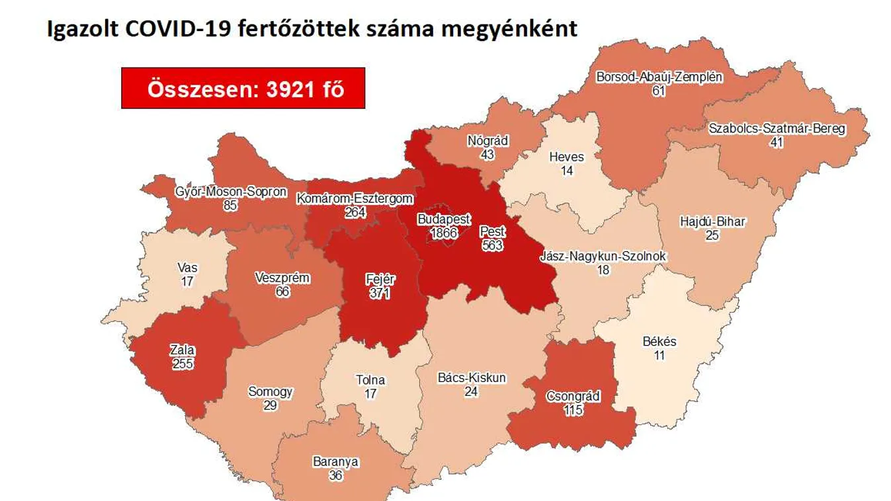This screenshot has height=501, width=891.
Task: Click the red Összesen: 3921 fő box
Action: pos(243,88)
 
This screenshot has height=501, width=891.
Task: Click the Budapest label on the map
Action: pos(444,219)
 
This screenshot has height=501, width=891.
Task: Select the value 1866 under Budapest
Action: pos(444,233)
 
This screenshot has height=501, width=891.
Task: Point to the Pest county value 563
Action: pos(492,245)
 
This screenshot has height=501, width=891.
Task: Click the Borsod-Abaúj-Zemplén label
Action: pos(658,77)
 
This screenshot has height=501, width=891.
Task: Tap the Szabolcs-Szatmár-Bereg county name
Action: pos(776,129)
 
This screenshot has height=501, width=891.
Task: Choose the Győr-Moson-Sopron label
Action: pos(231,192)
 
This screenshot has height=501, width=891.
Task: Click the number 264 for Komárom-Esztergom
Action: pos(355,212)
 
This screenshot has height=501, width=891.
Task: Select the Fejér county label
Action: pos(380,280)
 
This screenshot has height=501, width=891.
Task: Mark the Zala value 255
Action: pos(182,364)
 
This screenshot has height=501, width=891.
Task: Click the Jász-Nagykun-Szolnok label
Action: pos(603,256)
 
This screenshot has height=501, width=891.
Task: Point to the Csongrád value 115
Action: pos(573,410)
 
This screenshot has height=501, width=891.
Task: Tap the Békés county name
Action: pos(659,342)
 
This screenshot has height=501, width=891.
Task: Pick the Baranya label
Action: pos(336,462)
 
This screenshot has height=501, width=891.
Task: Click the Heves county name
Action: pos(567,157)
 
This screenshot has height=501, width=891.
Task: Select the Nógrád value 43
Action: pos(488,154)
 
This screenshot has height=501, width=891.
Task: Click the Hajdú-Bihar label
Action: pos(712,221)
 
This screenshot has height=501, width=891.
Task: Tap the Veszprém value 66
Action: pos(282,291)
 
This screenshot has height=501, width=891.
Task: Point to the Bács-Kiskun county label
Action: pos(472,378)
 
